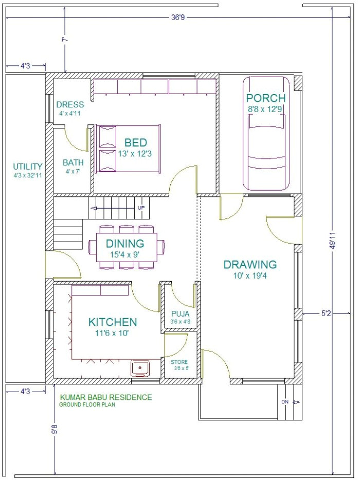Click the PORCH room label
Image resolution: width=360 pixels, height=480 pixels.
click(x=266, y=98)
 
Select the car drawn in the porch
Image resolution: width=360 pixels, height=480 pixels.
click(x=266, y=134)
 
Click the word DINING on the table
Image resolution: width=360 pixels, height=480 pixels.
click(x=124, y=244)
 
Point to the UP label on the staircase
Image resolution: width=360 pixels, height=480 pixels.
click(x=141, y=208)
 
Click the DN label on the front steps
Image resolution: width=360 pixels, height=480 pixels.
click(x=285, y=402)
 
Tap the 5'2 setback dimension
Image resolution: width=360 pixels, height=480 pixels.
click(x=326, y=313)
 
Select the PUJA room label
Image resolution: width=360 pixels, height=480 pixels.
click(x=180, y=314)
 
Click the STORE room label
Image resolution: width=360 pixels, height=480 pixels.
click(x=179, y=362)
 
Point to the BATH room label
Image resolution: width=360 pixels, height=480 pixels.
click(x=73, y=162)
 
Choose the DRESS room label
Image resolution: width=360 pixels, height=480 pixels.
click(x=70, y=105)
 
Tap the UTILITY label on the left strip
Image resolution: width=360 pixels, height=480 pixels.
click(x=28, y=167)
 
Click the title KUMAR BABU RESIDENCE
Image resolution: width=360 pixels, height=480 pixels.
click(x=106, y=397)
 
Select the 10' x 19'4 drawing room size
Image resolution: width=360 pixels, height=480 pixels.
click(x=250, y=276)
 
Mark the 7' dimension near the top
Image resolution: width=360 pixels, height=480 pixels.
click(x=64, y=40)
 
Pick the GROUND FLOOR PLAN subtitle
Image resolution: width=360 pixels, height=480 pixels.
click(x=87, y=404)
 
